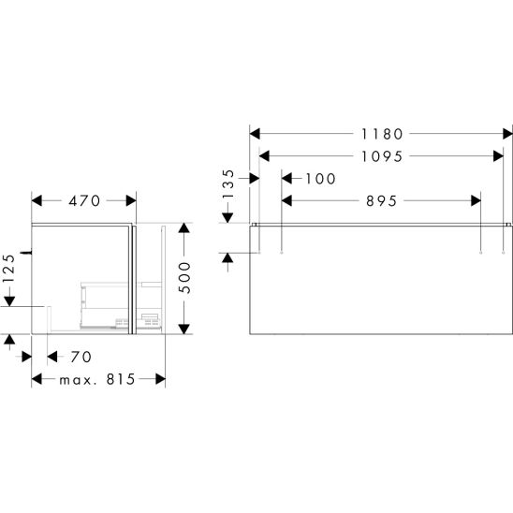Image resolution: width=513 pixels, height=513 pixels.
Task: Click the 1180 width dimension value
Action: coord(382,134)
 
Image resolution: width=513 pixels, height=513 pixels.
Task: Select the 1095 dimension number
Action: coord(382,156)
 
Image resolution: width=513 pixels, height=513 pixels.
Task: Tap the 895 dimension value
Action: coord(382,201)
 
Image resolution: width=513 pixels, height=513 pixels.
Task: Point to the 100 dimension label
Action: coord(320,179)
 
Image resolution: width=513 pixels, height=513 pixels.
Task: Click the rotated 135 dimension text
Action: coord(228,184)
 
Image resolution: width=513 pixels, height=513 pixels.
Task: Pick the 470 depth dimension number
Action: coord(84,201)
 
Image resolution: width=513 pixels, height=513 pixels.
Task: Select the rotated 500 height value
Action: coord(185,278)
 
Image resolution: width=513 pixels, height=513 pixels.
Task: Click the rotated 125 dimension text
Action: coord(8,269)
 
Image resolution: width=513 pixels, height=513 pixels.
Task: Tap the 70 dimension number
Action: coord(81,357)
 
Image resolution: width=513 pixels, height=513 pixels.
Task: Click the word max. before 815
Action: coord(78,380)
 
